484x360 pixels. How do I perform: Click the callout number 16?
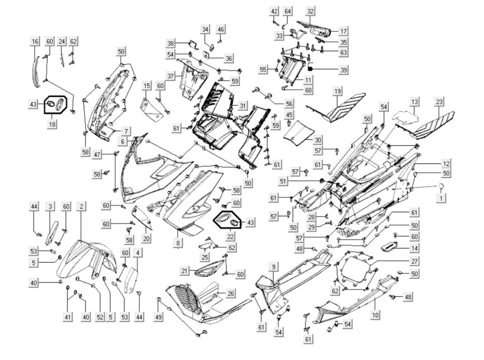(35, 42)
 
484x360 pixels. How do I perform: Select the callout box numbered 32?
(310, 11)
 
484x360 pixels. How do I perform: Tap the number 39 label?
(343, 70)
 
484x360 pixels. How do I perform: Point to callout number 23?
(439, 102)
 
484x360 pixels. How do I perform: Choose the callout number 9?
(273, 267)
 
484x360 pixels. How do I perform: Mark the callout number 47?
(98, 154)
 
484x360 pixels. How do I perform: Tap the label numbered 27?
(414, 261)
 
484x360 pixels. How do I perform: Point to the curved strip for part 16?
(35, 73)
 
